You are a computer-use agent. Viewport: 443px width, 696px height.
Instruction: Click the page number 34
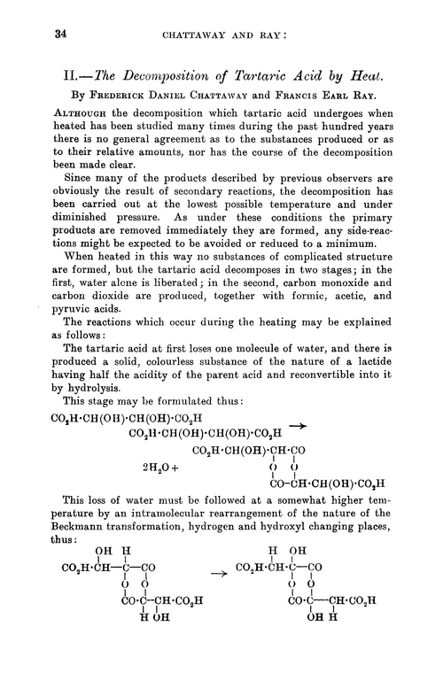[38, 35]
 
